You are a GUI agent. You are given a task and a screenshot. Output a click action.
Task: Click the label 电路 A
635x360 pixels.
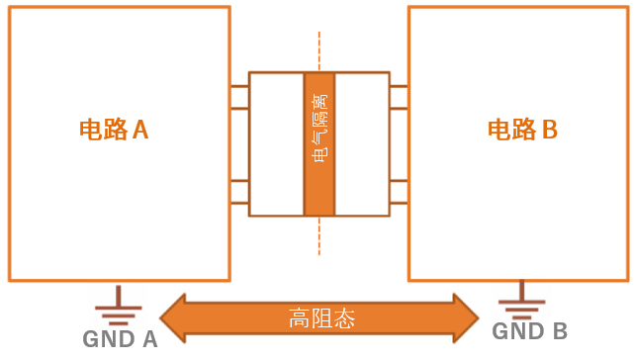click(114, 130)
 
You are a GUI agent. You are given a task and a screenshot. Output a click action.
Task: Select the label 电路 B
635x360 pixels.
click(523, 130)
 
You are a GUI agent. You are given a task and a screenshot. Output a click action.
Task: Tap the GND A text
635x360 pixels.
click(120, 340)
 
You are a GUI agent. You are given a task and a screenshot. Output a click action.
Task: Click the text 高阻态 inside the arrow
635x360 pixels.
click(321, 318)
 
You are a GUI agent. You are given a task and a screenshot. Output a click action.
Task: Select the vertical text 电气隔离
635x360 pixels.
click(319, 129)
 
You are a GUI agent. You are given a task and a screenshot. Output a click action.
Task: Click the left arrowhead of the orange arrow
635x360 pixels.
click(174, 318)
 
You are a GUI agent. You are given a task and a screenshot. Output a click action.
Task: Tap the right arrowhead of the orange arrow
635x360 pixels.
click(467, 318)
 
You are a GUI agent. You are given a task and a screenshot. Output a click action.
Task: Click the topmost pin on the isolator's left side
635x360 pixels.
click(239, 87)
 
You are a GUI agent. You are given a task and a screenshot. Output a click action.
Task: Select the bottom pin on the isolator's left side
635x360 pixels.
click(239, 203)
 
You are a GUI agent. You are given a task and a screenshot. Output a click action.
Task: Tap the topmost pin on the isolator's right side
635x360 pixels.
click(399, 87)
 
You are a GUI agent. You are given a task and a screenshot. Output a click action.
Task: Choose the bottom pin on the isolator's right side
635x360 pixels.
click(399, 203)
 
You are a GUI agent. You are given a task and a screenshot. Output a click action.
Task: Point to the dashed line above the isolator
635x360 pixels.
click(319, 51)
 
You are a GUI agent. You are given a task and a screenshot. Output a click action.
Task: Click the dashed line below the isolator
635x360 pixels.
click(319, 235)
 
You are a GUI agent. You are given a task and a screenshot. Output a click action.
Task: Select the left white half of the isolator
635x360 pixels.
click(276, 143)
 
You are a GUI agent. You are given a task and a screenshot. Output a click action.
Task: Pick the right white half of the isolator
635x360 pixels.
click(362, 143)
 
